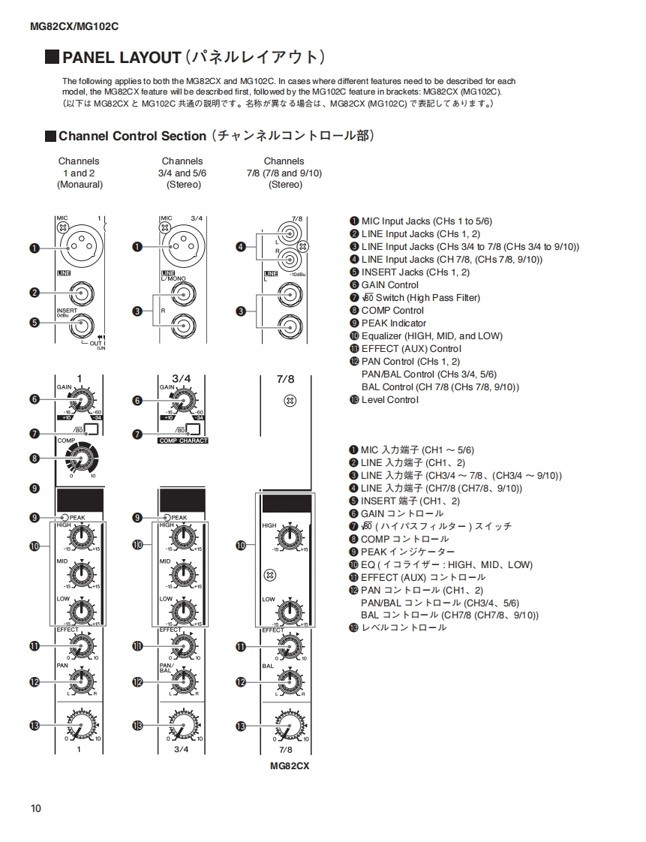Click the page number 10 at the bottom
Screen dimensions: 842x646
tap(36, 808)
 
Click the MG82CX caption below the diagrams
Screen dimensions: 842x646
tap(290, 766)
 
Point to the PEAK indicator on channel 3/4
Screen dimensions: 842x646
tap(167, 517)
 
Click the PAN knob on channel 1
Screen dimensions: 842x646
tap(80, 681)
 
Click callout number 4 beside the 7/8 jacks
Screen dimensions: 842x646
tap(241, 246)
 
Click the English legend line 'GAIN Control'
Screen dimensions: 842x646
tap(389, 284)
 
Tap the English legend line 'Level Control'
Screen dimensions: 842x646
tap(389, 399)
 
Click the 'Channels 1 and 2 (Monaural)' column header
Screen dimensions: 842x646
tap(79, 173)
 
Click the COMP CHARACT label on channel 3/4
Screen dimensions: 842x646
tap(183, 441)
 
